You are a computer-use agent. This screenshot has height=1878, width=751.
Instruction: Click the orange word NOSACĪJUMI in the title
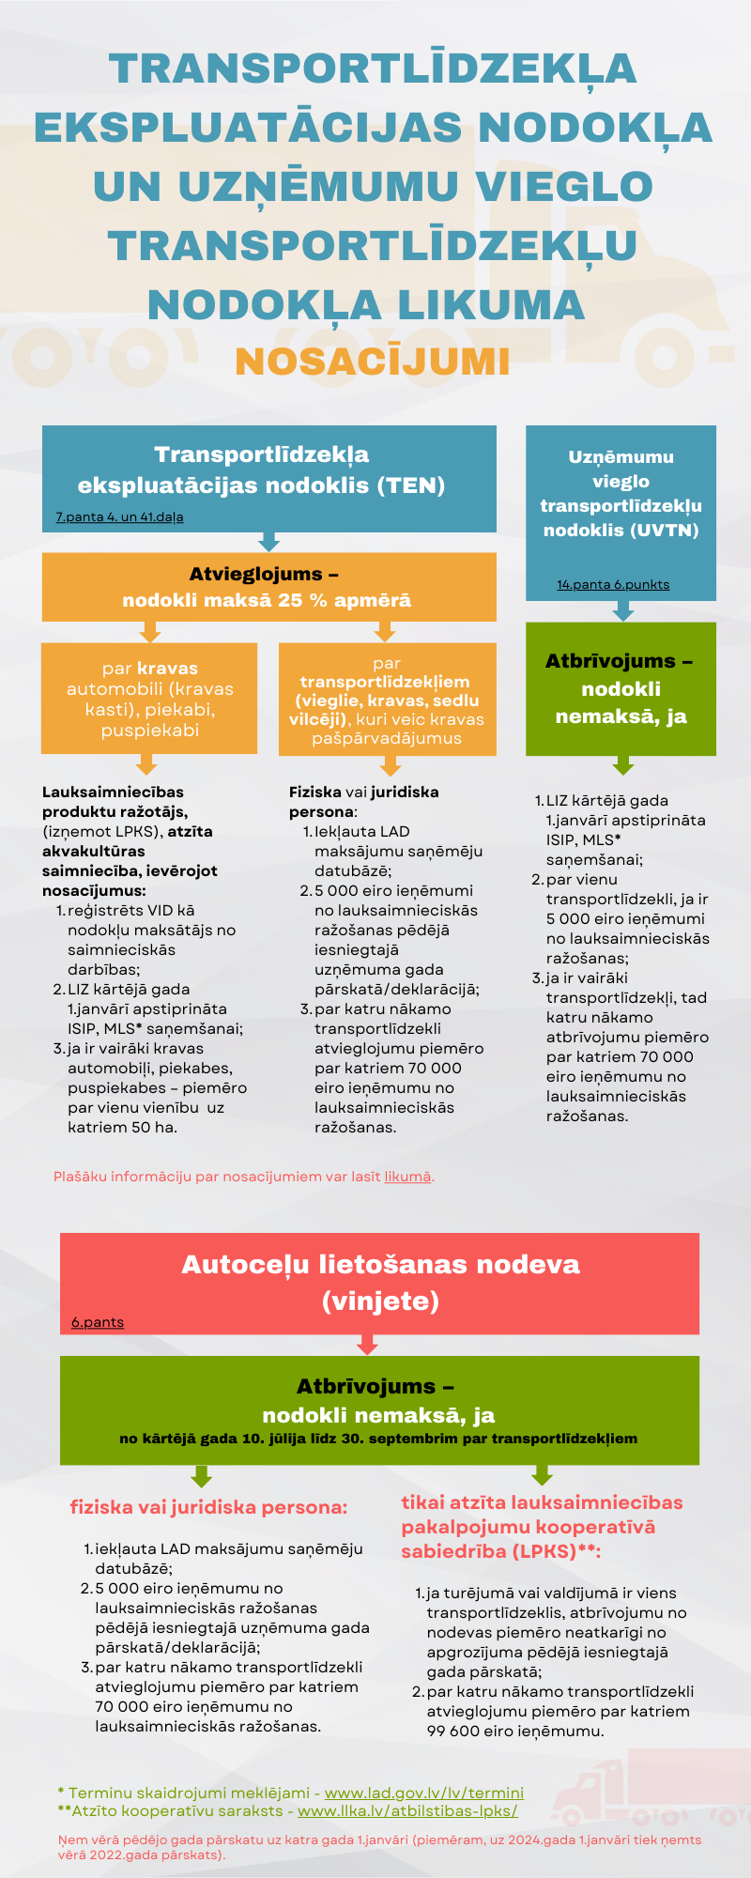373,362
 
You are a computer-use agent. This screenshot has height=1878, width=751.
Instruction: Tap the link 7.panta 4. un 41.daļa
119,516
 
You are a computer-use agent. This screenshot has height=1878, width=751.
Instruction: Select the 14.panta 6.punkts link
613,584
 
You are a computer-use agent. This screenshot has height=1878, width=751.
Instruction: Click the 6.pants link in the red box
98,1322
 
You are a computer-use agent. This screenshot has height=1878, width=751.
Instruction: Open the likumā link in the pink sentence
408,1176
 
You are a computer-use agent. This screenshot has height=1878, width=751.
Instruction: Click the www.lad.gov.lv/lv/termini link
424,1793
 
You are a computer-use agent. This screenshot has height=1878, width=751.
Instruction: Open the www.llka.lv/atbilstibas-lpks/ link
407,1810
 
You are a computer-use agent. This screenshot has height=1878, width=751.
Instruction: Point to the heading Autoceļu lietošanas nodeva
380,1264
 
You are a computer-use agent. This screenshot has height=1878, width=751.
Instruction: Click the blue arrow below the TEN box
269,542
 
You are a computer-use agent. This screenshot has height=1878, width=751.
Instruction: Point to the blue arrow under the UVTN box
622,610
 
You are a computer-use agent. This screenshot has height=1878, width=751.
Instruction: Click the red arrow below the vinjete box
367,1345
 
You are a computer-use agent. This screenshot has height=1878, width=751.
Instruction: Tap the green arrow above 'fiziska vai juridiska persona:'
201,1476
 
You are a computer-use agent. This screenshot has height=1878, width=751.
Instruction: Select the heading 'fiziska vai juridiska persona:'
208,1507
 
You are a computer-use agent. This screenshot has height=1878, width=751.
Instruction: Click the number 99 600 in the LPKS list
453,1731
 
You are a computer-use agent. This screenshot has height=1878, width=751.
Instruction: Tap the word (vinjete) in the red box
380,1301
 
